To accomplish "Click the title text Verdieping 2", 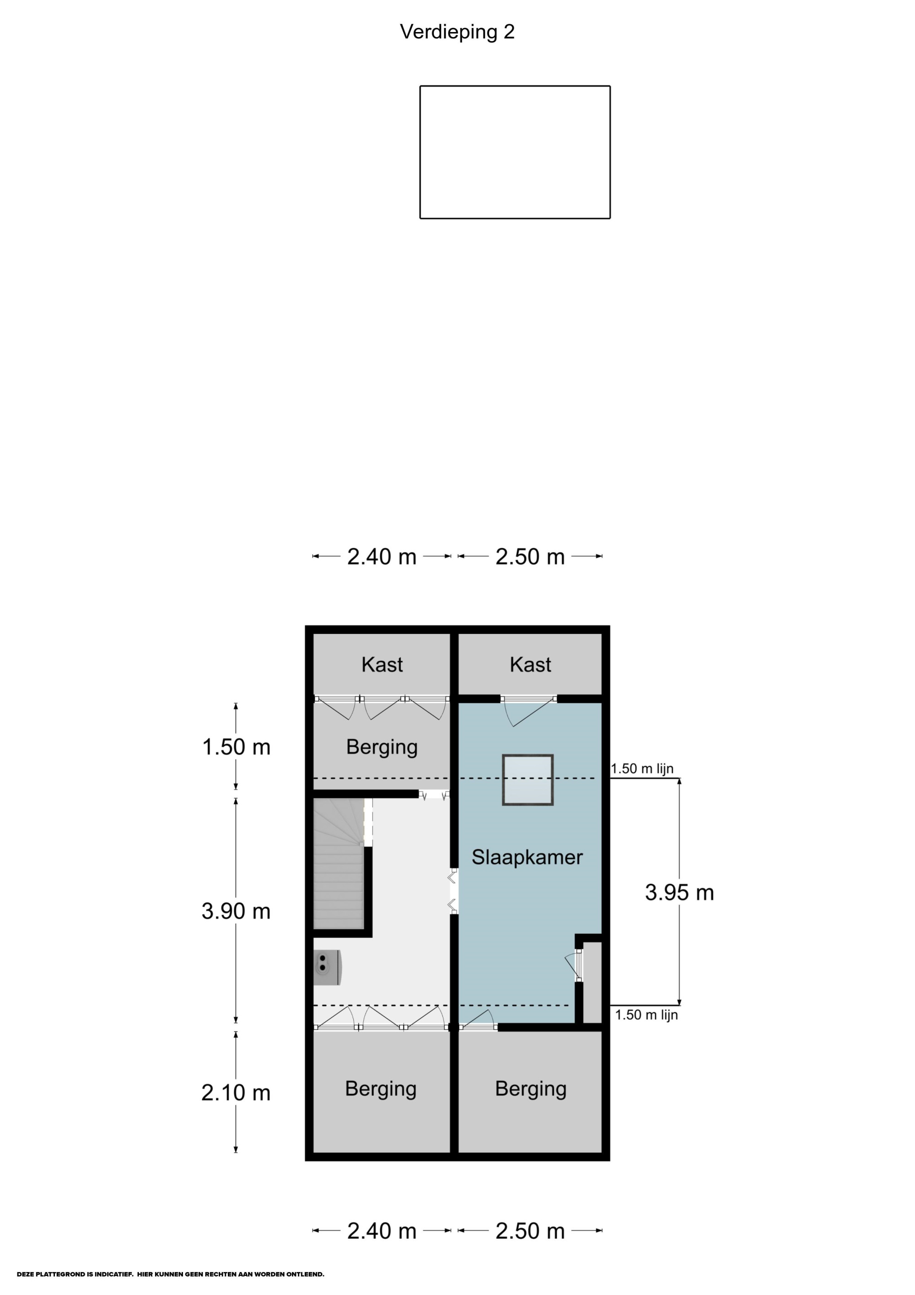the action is [x=457, y=32].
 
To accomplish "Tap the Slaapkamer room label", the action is [x=527, y=857].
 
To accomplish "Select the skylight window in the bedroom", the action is [x=527, y=780].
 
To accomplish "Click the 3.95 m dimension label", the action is [x=679, y=892].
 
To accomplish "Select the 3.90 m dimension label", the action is [x=236, y=911].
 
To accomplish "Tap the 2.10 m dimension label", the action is [x=236, y=1093].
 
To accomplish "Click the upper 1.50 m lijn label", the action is [x=642, y=768].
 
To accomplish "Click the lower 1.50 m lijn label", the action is [x=646, y=1015].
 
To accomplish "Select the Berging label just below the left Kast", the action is [x=382, y=747].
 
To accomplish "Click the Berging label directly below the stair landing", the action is [x=381, y=1089].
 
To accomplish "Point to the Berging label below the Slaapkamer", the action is [x=531, y=1089].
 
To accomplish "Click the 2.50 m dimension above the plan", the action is [x=530, y=557].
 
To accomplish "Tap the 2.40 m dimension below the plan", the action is [x=382, y=1231].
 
